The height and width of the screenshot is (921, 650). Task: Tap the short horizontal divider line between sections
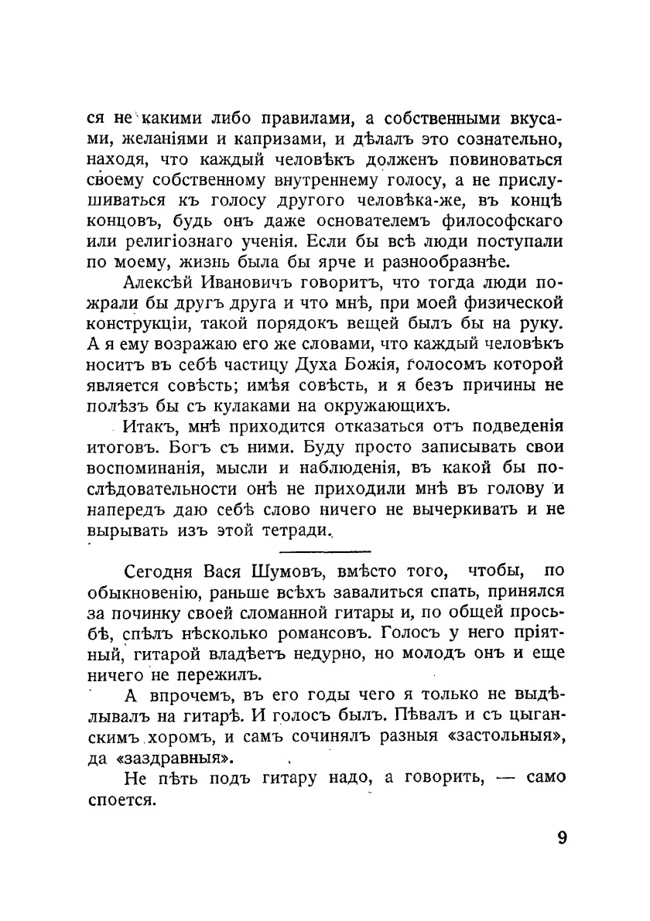[x=325, y=551]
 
